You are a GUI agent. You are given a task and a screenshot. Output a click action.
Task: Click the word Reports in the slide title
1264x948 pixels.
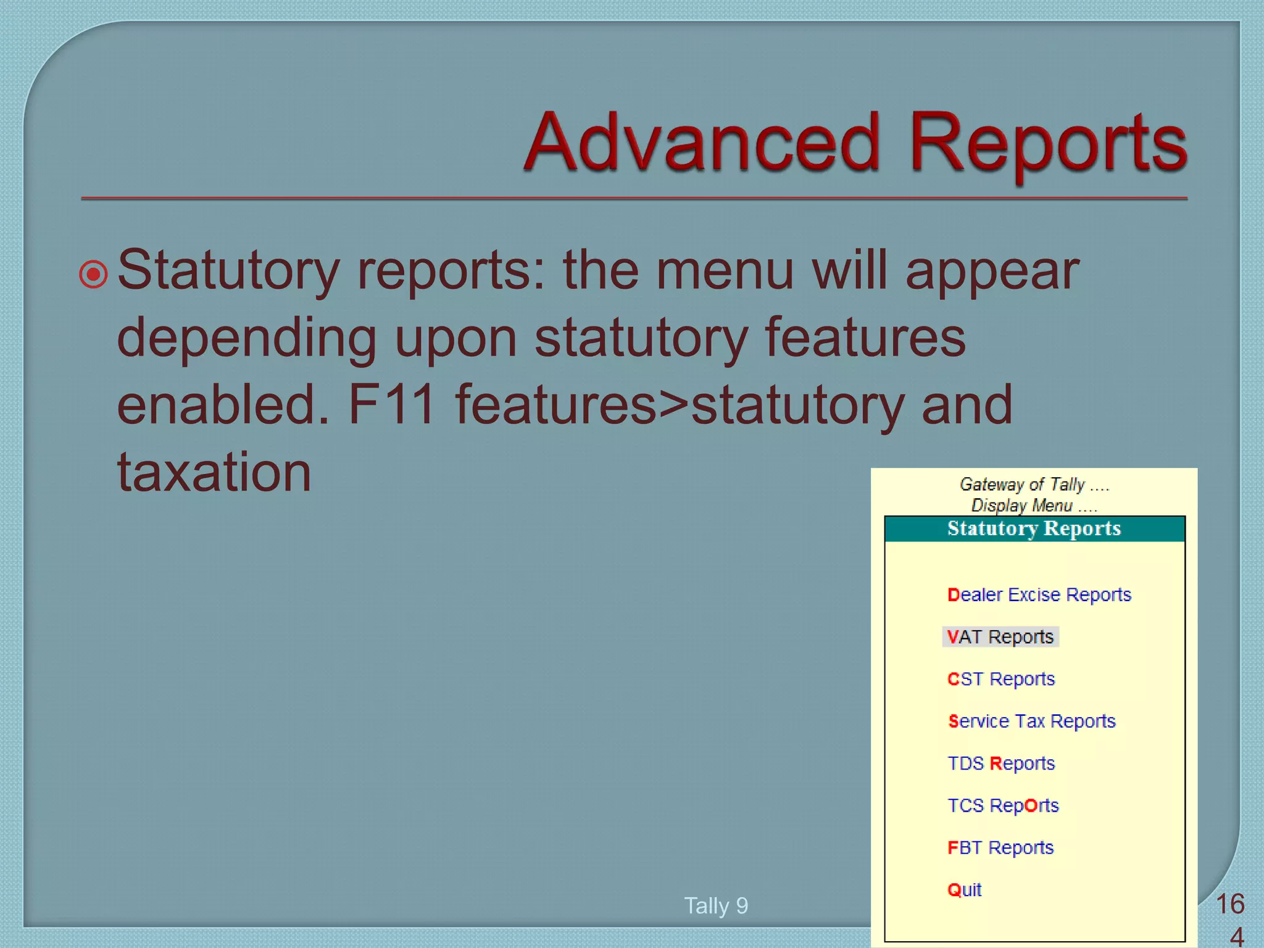click(x=1047, y=143)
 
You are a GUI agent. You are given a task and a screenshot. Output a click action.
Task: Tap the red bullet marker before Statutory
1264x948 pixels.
click(x=94, y=274)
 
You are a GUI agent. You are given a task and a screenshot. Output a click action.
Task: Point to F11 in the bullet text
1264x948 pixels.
click(x=391, y=405)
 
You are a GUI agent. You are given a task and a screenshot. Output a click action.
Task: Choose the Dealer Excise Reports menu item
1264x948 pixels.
click(x=1039, y=594)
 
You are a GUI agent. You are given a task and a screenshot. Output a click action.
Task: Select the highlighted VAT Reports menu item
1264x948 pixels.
click(x=1000, y=636)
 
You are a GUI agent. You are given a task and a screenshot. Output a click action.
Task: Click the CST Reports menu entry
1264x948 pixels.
click(x=1000, y=679)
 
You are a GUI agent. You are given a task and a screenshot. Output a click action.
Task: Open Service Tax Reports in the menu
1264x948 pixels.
click(x=1031, y=721)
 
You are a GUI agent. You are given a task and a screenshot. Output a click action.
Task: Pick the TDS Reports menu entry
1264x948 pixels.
click(x=1000, y=763)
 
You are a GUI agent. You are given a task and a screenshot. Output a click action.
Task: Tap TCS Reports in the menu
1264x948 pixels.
click(x=1002, y=805)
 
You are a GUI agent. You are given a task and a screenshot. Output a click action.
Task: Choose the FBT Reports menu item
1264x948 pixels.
click(x=1000, y=847)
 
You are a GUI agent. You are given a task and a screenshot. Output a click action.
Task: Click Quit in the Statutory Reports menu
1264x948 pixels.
click(x=964, y=889)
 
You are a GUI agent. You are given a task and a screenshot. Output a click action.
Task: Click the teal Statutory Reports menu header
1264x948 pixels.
click(x=1034, y=529)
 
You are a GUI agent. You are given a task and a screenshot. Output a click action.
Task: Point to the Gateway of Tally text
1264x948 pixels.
click(x=1034, y=484)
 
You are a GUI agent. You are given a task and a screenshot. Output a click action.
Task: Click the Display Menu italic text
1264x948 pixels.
click(x=1034, y=505)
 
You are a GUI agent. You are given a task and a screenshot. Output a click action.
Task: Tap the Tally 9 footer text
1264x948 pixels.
click(x=716, y=905)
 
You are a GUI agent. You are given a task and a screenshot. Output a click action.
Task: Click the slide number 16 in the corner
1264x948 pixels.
click(x=1229, y=904)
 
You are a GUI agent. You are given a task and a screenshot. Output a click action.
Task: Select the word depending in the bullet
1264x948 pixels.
click(x=246, y=338)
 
